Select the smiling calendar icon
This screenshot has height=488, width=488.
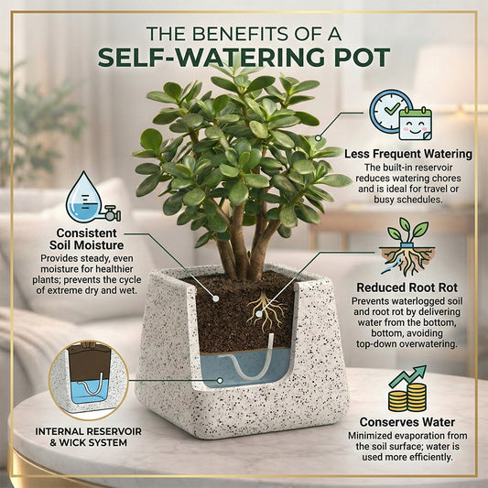(416, 124)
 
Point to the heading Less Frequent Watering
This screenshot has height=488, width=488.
(408, 154)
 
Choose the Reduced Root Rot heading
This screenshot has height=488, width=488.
(407, 287)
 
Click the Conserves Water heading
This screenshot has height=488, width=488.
(407, 422)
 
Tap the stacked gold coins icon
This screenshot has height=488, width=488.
(407, 397)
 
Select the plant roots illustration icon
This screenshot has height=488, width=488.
(407, 248)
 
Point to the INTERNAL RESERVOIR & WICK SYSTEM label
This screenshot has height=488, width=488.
(89, 437)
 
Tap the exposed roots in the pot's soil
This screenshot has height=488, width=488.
(266, 310)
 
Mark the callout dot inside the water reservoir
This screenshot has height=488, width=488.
(220, 380)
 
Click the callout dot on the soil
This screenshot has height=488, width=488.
(215, 298)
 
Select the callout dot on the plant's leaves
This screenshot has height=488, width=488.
(318, 137)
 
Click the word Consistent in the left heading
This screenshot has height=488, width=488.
(86, 233)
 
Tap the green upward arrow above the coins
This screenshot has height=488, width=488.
(407, 376)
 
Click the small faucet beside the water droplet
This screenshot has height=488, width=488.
(112, 213)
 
